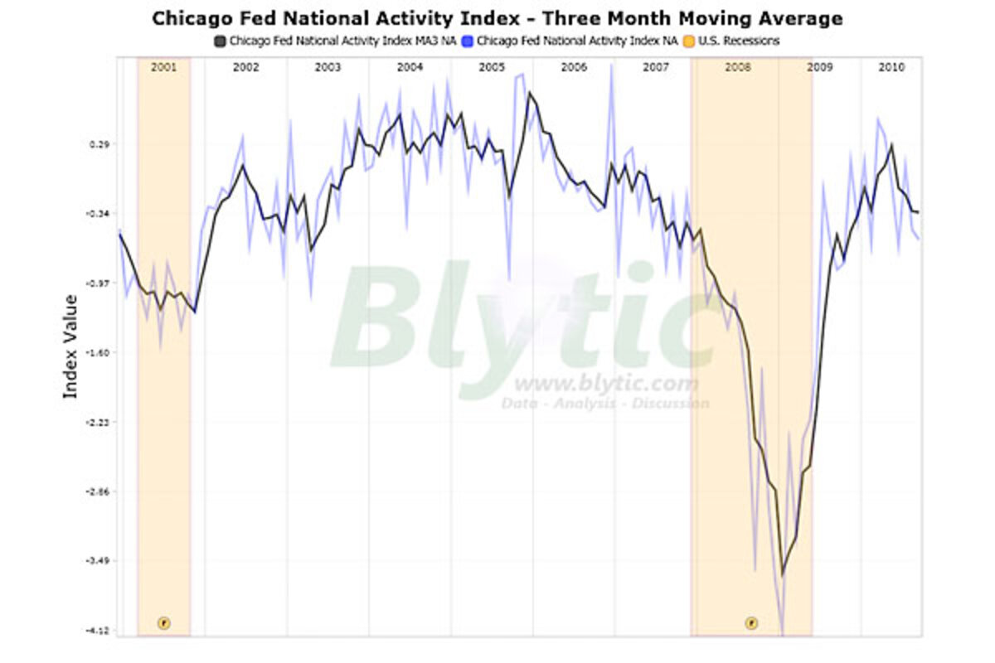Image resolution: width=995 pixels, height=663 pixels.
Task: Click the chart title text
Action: tap(497, 18)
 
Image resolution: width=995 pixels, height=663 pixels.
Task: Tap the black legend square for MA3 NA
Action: tap(220, 41)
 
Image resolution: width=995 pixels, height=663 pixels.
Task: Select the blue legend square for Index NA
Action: tap(468, 41)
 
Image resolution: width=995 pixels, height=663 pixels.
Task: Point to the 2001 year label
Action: tap(163, 67)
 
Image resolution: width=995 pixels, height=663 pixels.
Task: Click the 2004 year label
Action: tap(410, 67)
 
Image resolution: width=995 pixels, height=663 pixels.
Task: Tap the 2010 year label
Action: tap(891, 67)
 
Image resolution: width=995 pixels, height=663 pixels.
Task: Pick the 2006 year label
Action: tap(574, 67)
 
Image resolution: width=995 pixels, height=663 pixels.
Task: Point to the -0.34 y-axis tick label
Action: tap(96, 214)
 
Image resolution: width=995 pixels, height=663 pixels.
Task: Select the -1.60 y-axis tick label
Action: tap(96, 353)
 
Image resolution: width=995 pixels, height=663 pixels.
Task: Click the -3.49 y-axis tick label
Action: tap(96, 561)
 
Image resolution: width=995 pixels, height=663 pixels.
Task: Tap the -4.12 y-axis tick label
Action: tap(96, 631)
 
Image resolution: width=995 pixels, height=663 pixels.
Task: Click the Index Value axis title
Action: tap(70, 346)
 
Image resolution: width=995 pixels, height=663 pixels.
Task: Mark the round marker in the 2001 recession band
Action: tap(163, 622)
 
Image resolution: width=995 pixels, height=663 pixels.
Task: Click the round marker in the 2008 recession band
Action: tap(751, 622)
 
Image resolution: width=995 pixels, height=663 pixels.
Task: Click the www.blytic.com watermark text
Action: tap(606, 385)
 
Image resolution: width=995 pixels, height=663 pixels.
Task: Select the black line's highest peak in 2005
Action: tap(529, 93)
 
